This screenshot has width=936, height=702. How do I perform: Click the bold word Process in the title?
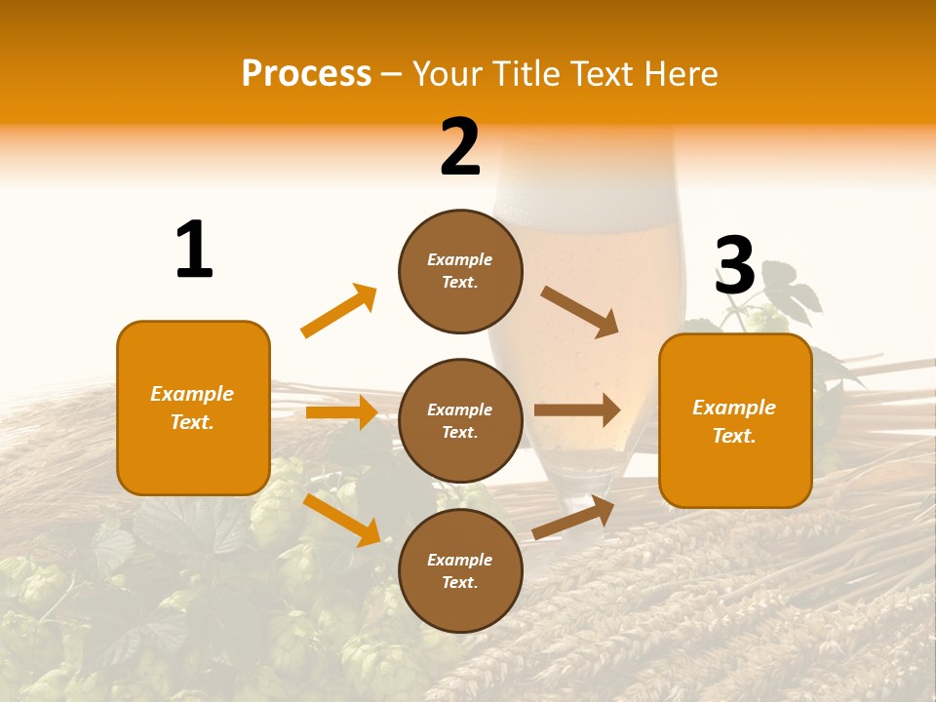306,74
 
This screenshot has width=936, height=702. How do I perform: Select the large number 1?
194,250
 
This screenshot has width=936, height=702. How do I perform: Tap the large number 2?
460,147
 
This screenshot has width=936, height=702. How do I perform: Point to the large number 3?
734,265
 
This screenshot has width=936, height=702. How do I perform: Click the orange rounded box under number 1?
193,408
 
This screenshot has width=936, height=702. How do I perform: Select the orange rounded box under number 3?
735,420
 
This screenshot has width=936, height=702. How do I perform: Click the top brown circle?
460,271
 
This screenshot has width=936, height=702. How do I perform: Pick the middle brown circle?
460,420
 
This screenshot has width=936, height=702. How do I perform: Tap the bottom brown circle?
460,570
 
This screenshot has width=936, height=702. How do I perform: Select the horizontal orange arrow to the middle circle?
341,412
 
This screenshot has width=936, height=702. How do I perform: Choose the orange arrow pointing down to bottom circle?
342,520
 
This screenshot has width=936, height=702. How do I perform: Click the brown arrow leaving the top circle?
580,311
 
